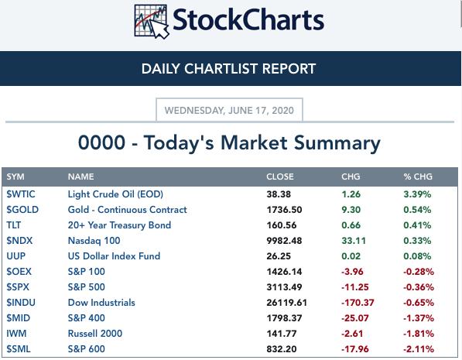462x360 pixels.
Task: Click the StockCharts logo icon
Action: coord(152,22)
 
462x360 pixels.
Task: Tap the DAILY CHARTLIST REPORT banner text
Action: coord(228,69)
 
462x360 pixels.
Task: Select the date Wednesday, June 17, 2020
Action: coord(229,111)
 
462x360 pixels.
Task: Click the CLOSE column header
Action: coord(280,177)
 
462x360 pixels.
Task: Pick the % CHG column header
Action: coord(418,177)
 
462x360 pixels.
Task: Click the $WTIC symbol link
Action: coord(21,194)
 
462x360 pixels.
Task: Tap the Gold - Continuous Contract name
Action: coord(127,210)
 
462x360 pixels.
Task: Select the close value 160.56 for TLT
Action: coord(282,225)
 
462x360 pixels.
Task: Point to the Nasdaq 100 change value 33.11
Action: coord(354,241)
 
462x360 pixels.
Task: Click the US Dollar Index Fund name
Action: coord(114,256)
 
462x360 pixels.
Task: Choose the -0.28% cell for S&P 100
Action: coord(419,272)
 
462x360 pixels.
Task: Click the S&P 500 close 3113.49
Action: coord(284,287)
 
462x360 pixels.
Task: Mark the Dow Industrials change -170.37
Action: coord(358,303)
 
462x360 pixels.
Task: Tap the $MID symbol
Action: coord(19,318)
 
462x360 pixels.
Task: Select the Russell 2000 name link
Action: coord(95,334)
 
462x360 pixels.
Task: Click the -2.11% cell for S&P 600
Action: coord(419,349)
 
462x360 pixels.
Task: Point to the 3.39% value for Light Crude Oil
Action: coord(417,194)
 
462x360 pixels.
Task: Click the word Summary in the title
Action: coord(337,143)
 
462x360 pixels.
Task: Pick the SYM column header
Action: coord(15,177)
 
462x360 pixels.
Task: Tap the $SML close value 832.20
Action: coord(282,349)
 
